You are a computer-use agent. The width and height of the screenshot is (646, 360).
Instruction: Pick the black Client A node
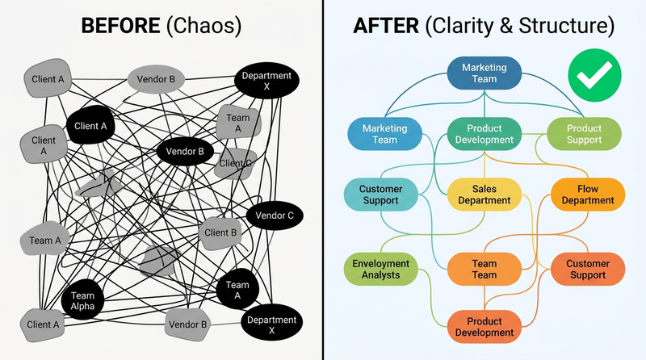pos(90,126)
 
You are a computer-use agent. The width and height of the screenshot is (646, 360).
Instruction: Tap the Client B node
pos(220,232)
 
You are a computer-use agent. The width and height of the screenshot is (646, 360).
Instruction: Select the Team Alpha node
pos(83,301)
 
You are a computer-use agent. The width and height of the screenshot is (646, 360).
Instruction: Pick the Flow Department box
pos(588,194)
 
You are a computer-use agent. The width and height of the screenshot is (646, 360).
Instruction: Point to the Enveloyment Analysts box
pos(381,270)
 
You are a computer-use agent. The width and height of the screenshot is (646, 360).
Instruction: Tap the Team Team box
pos(484,270)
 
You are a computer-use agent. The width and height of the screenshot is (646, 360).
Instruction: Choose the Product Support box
pos(584,134)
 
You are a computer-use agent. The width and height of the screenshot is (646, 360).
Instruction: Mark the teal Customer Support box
pos(380,194)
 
